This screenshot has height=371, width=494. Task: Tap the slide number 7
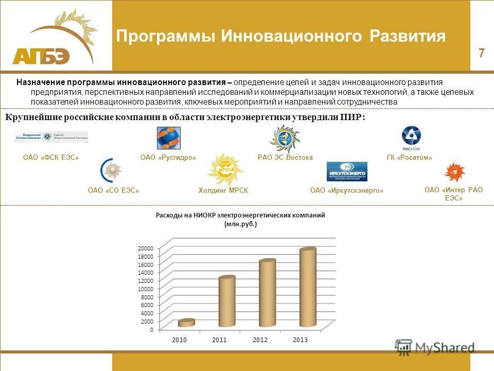click(481, 53)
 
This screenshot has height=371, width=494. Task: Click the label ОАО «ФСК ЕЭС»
click(51, 158)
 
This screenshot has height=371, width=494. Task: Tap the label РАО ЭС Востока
click(285, 158)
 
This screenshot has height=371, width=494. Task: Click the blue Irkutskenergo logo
click(347, 172)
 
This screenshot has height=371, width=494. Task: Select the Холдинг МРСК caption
click(223, 191)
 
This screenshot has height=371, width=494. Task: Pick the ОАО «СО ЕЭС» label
click(114, 191)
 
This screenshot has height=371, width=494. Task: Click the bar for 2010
click(186, 323)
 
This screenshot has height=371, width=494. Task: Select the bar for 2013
click(308, 288)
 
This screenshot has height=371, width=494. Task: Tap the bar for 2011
click(226, 301)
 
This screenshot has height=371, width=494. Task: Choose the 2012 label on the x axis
click(260, 341)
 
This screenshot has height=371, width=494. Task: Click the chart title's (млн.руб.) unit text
click(240, 225)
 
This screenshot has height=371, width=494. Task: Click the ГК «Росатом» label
click(409, 158)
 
